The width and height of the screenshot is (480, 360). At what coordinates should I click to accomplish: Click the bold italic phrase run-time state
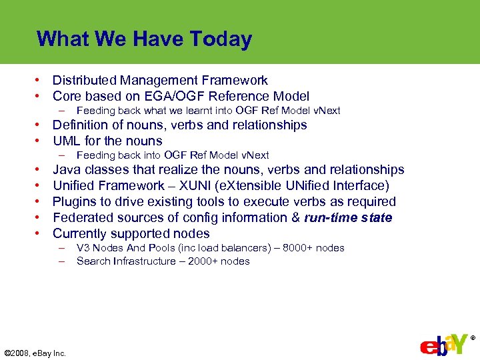(348, 218)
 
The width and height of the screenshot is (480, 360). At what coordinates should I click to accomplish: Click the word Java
(66, 170)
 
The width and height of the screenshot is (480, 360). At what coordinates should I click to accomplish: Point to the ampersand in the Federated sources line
(295, 218)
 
